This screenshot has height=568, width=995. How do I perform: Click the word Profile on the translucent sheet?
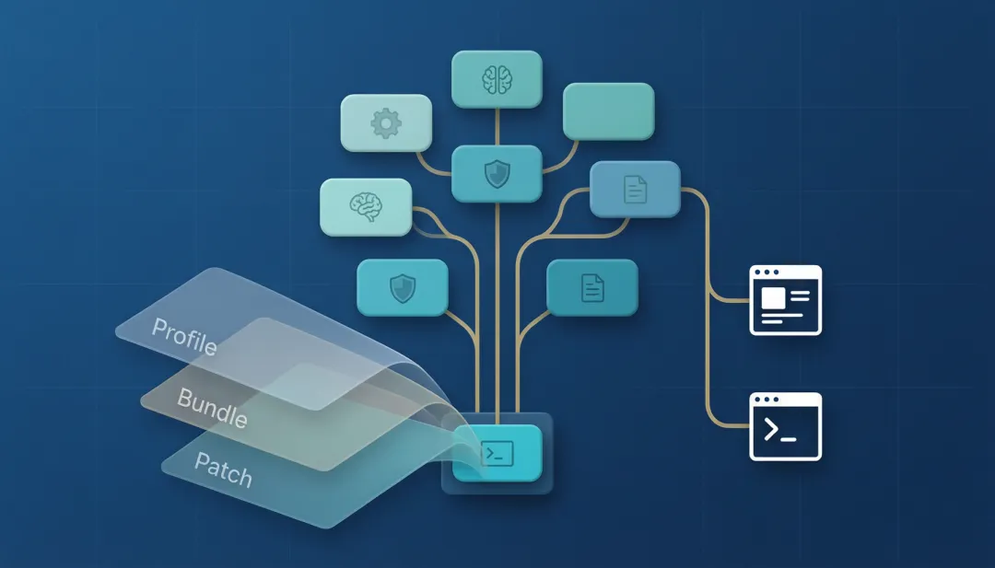point(184,336)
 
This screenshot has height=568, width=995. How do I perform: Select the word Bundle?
point(212,407)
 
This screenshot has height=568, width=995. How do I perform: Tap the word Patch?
point(223,469)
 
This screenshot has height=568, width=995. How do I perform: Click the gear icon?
point(386,123)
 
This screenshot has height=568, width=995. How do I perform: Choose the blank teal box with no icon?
point(609,111)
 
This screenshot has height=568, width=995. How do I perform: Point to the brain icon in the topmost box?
point(497,79)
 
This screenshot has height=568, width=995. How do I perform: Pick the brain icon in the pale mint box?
point(366,207)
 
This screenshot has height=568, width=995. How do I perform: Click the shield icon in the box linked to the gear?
point(497,174)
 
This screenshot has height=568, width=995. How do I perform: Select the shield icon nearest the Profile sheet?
point(403,288)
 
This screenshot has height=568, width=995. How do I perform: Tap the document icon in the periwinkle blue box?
point(635,189)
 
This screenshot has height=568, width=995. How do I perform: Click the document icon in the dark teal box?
point(592,288)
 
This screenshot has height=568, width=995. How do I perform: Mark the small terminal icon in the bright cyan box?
point(497,453)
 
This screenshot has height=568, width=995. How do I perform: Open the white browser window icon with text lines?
point(786,300)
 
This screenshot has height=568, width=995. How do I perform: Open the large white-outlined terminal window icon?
point(786,426)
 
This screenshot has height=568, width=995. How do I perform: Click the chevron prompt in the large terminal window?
point(772,429)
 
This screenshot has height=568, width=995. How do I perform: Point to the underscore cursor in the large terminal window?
point(788,439)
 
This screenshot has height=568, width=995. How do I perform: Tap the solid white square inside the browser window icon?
point(773,297)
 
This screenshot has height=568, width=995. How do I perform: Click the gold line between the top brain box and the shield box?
point(497,127)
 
